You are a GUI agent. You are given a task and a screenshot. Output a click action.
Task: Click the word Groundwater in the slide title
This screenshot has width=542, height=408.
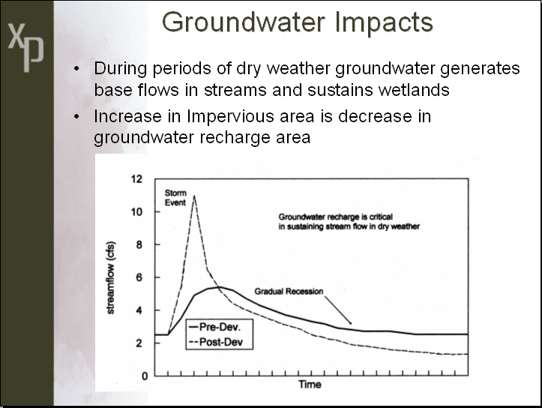tap(244, 22)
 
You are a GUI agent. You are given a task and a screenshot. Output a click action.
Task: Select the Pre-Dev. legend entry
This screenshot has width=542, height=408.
tap(215, 327)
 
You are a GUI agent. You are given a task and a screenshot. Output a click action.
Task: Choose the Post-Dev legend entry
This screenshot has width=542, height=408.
tap(216, 342)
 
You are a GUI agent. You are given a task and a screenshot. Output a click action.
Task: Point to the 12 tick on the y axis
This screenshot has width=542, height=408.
tap(136, 178)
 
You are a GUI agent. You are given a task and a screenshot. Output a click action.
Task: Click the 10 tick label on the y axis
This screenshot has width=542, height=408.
tap(136, 211)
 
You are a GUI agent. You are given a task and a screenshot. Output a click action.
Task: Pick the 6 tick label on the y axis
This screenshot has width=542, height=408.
tap(139, 277)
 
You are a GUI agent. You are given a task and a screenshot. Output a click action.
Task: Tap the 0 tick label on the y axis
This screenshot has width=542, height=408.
tap(145, 376)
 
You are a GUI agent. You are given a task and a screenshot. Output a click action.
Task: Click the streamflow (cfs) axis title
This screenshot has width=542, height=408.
tap(111, 277)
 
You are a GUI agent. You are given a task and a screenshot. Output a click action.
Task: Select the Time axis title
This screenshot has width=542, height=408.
tap(310, 385)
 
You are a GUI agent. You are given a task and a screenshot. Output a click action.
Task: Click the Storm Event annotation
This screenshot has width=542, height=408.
tap(175, 197)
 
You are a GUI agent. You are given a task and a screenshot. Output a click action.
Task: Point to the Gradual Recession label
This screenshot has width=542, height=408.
tap(289, 292)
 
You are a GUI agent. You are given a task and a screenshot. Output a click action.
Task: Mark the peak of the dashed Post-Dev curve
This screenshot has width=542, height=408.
tap(194, 196)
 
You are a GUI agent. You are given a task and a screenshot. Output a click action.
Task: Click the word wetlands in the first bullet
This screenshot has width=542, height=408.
tap(413, 90)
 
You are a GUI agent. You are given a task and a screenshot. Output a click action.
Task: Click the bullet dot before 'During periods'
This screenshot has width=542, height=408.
tap(76, 68)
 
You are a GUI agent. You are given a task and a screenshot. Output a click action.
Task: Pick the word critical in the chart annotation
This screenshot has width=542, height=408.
tap(381, 217)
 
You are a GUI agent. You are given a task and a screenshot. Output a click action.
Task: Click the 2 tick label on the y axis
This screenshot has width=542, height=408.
tap(139, 343)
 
